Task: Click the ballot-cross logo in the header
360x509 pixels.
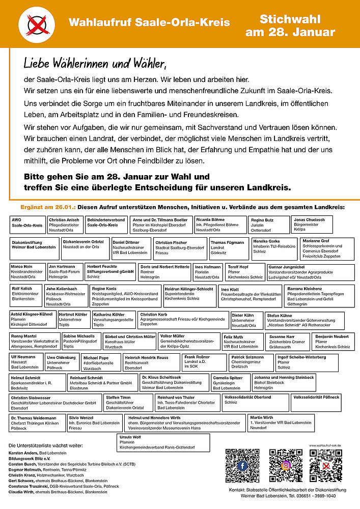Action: tap(36, 23)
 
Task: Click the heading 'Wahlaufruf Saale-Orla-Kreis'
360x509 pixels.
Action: tap(149, 23)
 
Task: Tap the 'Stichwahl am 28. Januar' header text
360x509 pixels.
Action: tap(290, 26)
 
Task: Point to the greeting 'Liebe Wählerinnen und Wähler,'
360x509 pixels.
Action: tap(95, 65)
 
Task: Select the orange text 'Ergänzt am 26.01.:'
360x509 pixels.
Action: tap(48, 207)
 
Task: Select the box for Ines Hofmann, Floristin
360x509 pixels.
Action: tap(208, 272)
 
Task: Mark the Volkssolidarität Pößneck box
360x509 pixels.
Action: tap(324, 401)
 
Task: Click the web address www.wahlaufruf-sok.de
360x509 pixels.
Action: tap(325, 445)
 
